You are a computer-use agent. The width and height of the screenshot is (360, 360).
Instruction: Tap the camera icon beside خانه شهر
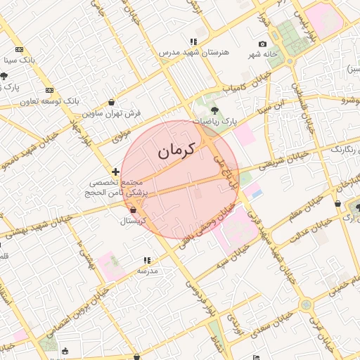pyautogui.click(x=262, y=44)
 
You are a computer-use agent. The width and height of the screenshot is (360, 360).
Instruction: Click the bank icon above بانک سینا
pyautogui.click(x=19, y=50)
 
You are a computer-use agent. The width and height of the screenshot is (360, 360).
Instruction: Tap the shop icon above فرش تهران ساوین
pyautogui.click(x=112, y=102)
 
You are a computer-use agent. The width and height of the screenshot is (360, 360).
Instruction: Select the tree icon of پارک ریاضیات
pyautogui.click(x=214, y=110)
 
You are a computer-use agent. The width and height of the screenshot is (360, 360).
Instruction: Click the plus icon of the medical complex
pyautogui.click(x=115, y=172)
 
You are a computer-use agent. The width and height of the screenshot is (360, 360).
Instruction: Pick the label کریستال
pyautogui.click(x=133, y=221)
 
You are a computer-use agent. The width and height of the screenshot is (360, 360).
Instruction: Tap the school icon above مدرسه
pyautogui.click(x=147, y=260)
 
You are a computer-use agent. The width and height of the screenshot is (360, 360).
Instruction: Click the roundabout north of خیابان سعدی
pyautogui.click(x=305, y=305)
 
